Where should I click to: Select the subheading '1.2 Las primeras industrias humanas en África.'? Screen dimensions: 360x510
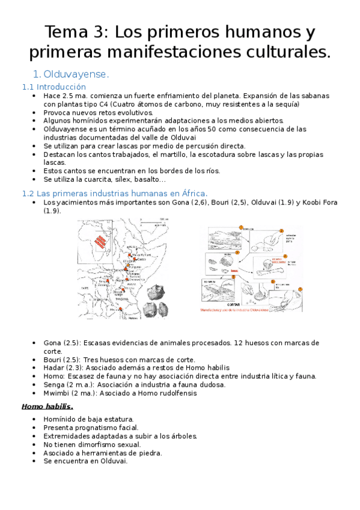[x=115, y=193]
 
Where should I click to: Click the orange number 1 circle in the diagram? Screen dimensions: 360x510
[x=240, y=228]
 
